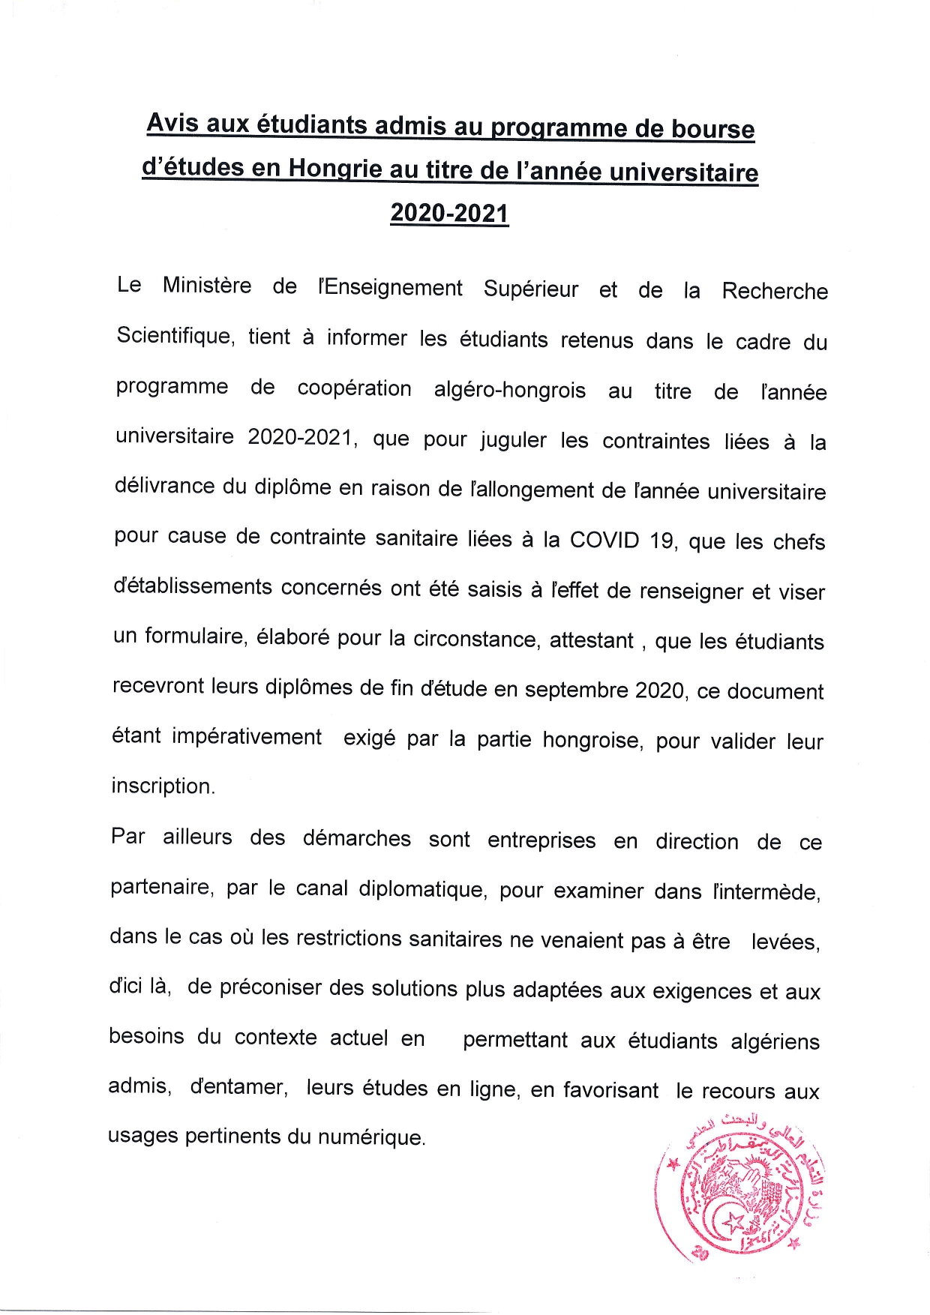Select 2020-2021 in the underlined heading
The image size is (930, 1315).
(449, 214)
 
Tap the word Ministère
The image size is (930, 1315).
(207, 286)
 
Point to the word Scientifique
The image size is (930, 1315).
(176, 336)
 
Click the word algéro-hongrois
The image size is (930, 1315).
(509, 390)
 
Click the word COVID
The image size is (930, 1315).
(604, 540)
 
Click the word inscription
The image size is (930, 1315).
(163, 786)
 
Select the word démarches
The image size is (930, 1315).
(357, 837)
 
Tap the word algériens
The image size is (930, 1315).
(775, 1041)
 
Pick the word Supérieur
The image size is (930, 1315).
(531, 288)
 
